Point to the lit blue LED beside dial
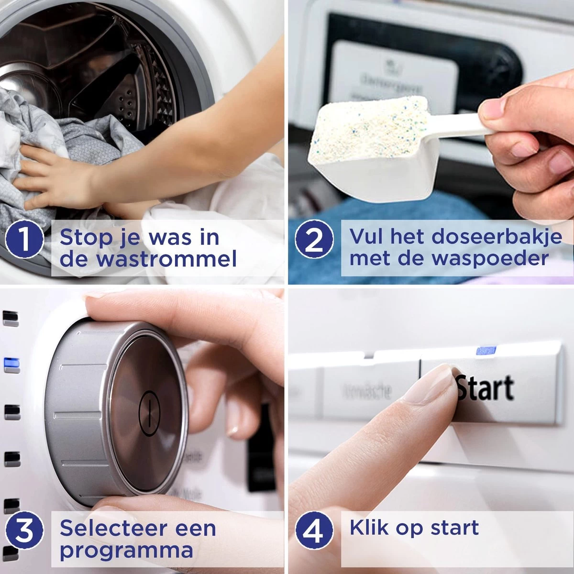(11, 365)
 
